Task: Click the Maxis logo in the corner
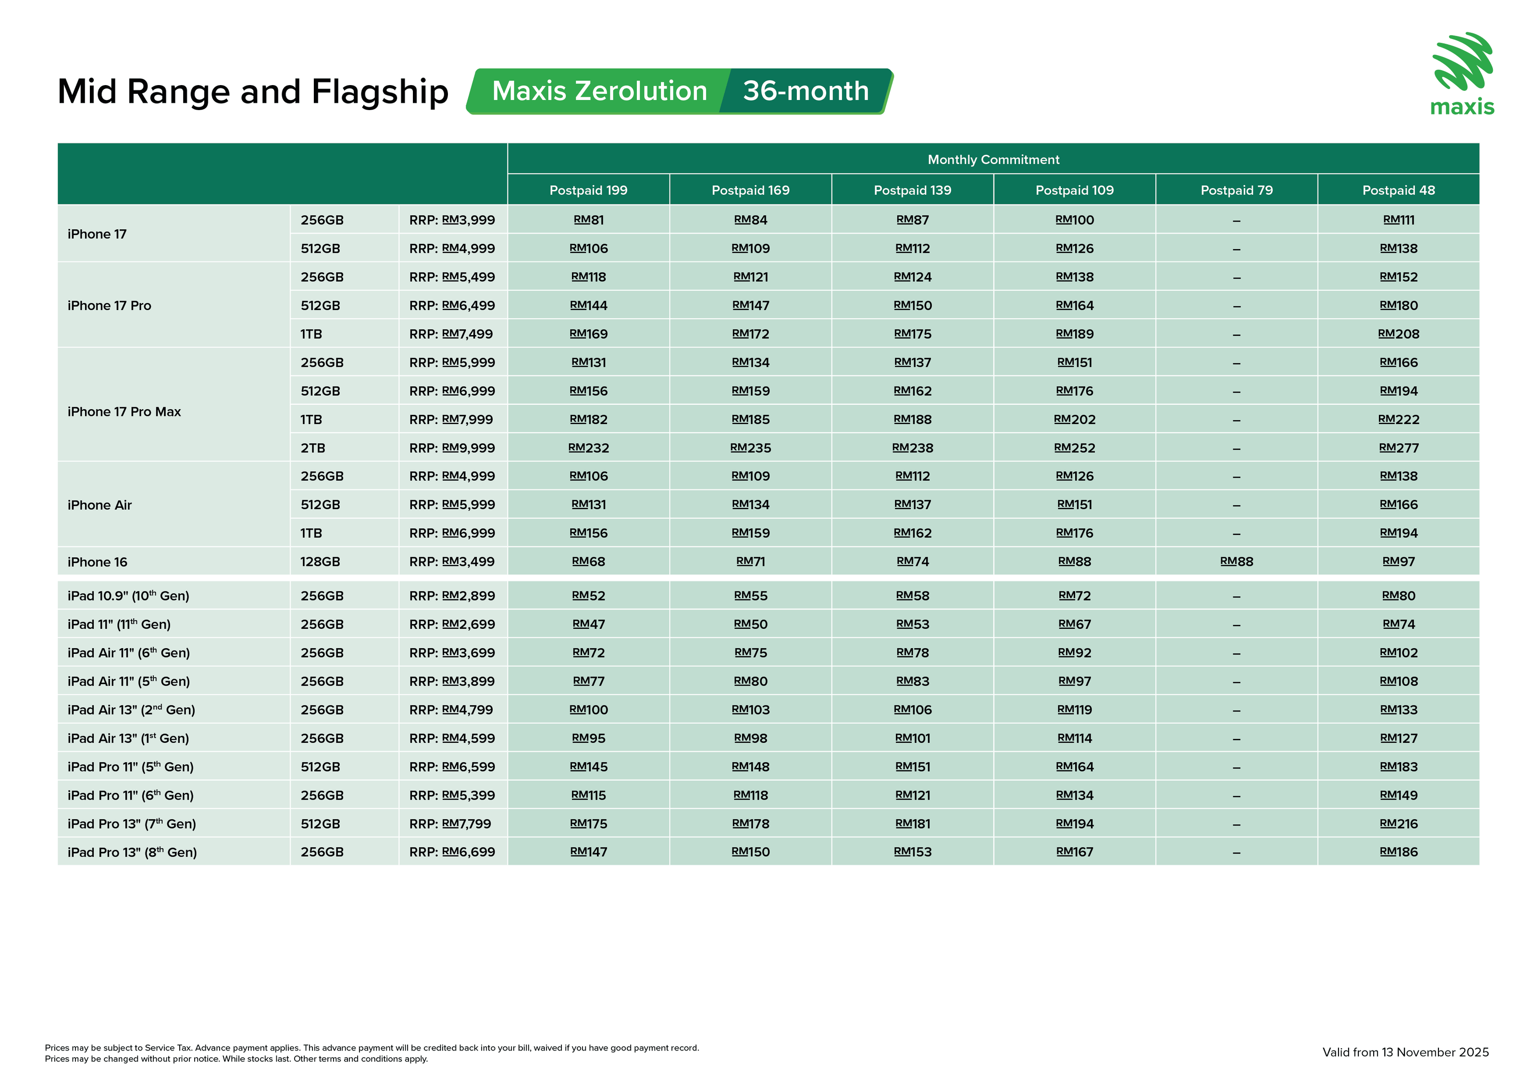(x=1463, y=74)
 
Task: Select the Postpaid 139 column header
(x=912, y=190)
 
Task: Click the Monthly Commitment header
(x=993, y=160)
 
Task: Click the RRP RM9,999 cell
(x=452, y=448)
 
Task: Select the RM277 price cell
(x=1398, y=448)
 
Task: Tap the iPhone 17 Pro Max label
(x=124, y=412)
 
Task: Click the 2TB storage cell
(x=313, y=448)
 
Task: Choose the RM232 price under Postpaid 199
(x=588, y=448)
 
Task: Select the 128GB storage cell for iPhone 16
(x=320, y=562)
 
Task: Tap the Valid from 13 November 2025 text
(x=1405, y=1052)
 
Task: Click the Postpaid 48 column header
(x=1398, y=190)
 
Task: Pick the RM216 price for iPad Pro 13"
(x=1398, y=824)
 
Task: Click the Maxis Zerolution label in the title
(x=599, y=91)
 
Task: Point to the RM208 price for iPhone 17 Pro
(x=1398, y=334)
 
